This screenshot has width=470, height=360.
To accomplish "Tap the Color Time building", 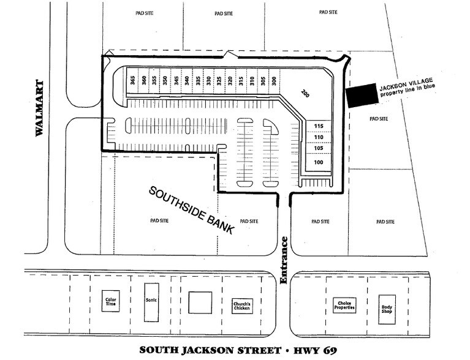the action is click(111, 301).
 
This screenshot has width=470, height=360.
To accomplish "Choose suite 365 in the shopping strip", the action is click(132, 80).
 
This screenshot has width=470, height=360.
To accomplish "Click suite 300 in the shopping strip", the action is click(274, 80).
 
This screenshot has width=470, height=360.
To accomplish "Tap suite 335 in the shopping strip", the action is click(198, 80).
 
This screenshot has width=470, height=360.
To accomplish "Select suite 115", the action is click(318, 126).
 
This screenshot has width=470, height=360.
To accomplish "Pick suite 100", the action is click(318, 162).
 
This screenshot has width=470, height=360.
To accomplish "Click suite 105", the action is click(318, 149).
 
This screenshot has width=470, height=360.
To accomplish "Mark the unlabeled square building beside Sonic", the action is click(199, 302).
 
